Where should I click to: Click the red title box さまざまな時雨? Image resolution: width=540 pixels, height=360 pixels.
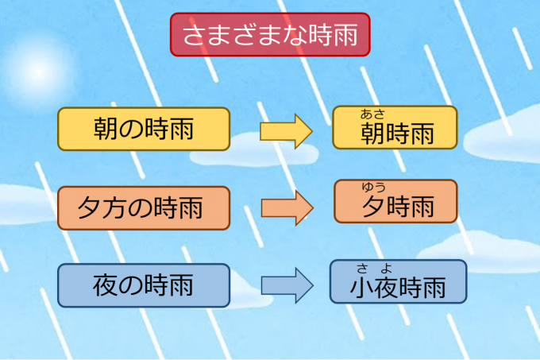coord(269,34)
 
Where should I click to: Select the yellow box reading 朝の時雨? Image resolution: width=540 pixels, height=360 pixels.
coord(143,129)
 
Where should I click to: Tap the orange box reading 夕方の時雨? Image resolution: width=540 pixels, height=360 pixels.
coord(143,207)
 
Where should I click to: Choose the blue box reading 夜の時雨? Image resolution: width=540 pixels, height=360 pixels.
coord(143,285)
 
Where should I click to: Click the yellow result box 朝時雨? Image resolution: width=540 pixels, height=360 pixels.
coord(395,127)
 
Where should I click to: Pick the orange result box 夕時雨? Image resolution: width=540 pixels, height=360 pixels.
coord(395,201)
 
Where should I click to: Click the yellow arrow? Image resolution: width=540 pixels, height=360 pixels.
coord(286,130)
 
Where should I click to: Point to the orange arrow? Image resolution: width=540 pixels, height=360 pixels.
coord(286,207)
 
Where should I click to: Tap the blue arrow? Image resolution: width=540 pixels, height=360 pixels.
coord(286,285)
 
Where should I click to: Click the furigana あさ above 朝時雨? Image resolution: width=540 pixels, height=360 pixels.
coord(372,114)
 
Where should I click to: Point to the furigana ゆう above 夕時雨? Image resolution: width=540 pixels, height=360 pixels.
coord(373,188)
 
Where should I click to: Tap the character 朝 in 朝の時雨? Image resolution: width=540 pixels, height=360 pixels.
coord(106,129)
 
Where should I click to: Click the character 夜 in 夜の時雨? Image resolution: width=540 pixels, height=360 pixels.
coord(106,285)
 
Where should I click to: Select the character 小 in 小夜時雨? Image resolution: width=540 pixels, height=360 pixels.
coord(361,288)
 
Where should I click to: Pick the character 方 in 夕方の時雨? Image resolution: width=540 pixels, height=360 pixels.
coord(114,208)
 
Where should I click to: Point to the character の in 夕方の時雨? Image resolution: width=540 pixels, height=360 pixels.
coord(140,208)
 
